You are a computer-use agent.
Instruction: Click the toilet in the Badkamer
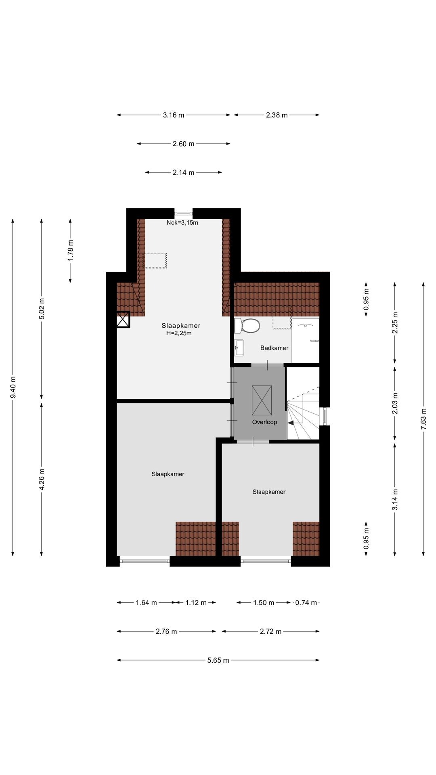[x=247, y=326]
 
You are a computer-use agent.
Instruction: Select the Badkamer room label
[x=274, y=348]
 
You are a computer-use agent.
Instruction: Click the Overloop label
[x=264, y=422]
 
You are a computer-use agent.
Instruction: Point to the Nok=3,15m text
[x=182, y=223]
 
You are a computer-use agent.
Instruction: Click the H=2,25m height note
[x=179, y=333]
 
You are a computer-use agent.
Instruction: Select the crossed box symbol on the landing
[x=262, y=400]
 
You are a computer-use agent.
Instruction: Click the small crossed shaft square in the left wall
[x=123, y=320]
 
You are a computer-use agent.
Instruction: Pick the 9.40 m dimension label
[x=13, y=387]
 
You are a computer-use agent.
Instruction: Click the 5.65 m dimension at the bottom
[x=218, y=660]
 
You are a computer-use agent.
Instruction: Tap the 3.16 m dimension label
[x=174, y=115]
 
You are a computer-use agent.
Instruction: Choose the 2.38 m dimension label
[x=277, y=115]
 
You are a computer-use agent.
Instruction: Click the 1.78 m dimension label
[x=71, y=250]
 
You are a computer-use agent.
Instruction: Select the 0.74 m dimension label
[x=306, y=603]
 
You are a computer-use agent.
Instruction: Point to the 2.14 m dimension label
[x=184, y=172]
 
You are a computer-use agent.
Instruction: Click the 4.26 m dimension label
[x=42, y=480]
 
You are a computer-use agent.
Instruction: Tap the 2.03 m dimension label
[x=395, y=404]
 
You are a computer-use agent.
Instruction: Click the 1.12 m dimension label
[x=196, y=603]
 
